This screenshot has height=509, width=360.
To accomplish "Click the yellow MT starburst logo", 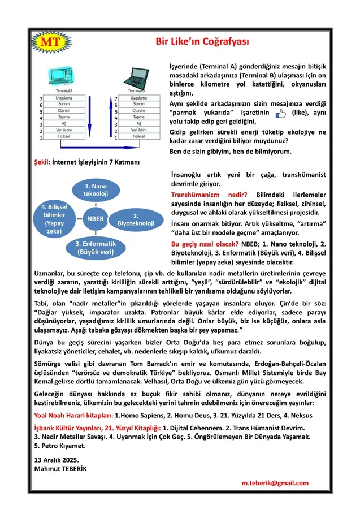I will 48,42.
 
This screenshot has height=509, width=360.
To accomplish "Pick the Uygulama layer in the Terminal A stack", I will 64,98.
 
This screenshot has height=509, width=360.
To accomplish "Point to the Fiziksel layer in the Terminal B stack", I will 138,137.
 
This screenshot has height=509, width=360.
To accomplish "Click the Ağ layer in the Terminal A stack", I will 64,124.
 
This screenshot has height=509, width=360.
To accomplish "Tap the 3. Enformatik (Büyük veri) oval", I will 95,247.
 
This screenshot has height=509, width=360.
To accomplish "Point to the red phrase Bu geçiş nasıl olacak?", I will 205,244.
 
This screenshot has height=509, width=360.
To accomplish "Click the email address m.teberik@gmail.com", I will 275,482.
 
